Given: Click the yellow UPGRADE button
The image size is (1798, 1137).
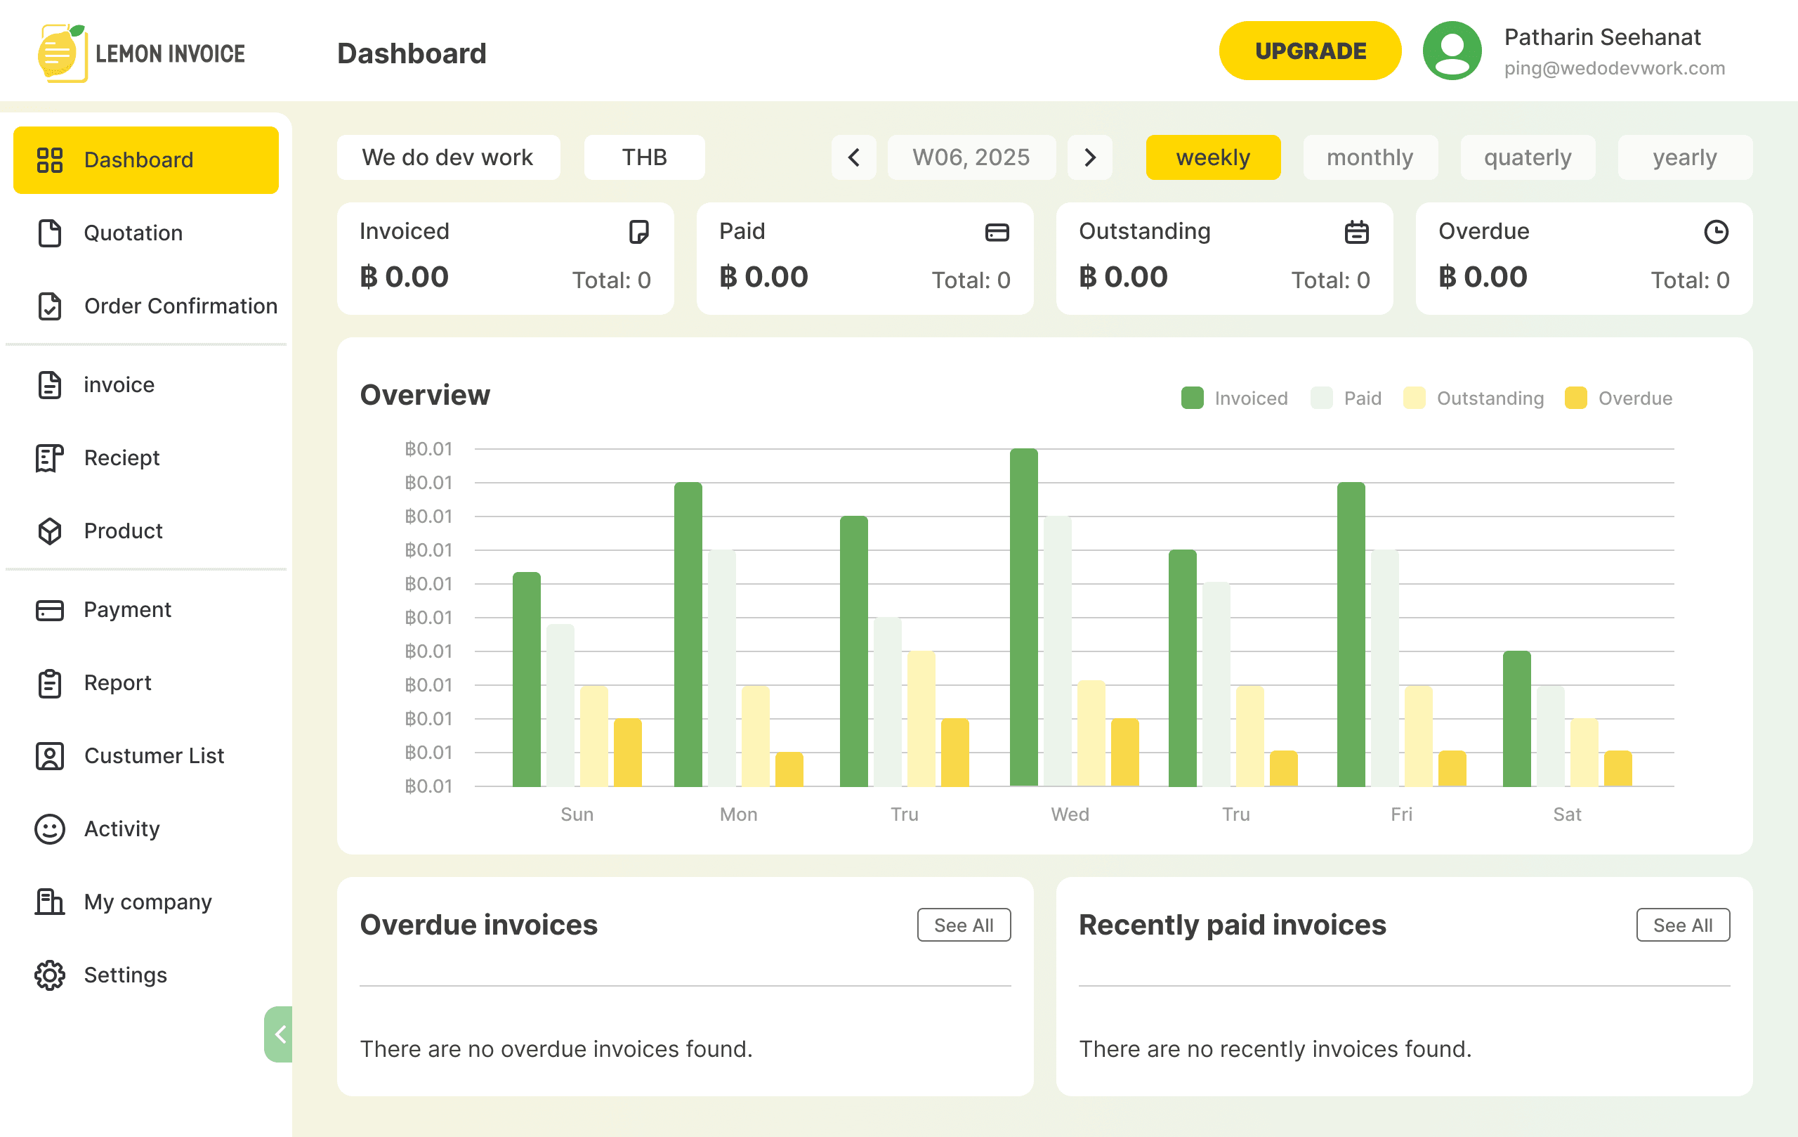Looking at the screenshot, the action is (1310, 51).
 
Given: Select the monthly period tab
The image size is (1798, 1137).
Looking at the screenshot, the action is (1370, 157).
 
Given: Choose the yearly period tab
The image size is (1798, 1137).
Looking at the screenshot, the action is (1684, 157).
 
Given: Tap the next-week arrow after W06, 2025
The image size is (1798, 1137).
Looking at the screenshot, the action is (1089, 157).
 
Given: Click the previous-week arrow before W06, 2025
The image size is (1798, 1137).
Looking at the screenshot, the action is (853, 157).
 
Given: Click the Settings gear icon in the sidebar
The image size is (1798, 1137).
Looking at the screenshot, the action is (50, 975).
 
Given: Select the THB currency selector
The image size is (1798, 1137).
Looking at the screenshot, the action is (644, 157).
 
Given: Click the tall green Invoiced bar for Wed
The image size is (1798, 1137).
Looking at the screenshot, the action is (1024, 617).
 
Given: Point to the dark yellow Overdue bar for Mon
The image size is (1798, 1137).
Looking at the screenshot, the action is (789, 769).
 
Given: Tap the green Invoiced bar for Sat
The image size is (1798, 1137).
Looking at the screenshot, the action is (1516, 719).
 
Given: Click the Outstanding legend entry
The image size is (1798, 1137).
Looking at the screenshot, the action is (1474, 398).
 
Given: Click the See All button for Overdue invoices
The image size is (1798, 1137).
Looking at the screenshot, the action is (964, 925).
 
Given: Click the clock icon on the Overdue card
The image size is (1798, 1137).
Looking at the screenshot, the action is (1716, 232).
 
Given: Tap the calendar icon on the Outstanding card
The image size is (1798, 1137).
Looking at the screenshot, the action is (1357, 232).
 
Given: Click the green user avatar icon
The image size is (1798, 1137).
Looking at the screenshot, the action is (1452, 51).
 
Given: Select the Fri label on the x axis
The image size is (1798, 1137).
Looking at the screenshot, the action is (1401, 814).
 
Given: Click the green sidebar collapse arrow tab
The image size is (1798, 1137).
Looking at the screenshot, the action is (279, 1034).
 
